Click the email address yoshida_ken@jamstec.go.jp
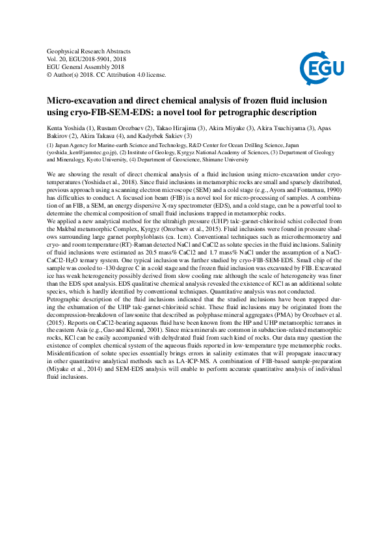point(83,152)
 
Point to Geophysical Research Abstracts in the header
point(89,50)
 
